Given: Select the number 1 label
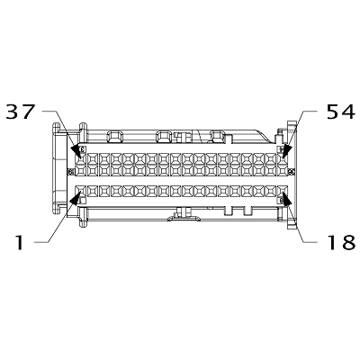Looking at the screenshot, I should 18,240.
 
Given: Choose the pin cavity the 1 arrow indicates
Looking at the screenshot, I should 81,191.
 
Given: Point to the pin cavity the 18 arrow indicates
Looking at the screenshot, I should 281,191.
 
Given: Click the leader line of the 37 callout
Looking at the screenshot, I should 56,124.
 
